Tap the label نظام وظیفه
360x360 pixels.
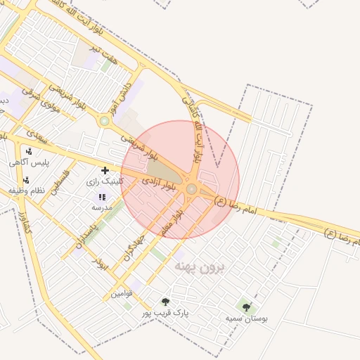26,191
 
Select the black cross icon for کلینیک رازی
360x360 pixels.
105,170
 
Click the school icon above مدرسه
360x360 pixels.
102,198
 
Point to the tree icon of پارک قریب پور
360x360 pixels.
166,302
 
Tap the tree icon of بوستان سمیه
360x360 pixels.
246,307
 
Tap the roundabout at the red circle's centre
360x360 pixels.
191,188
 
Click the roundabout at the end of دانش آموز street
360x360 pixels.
105,121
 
